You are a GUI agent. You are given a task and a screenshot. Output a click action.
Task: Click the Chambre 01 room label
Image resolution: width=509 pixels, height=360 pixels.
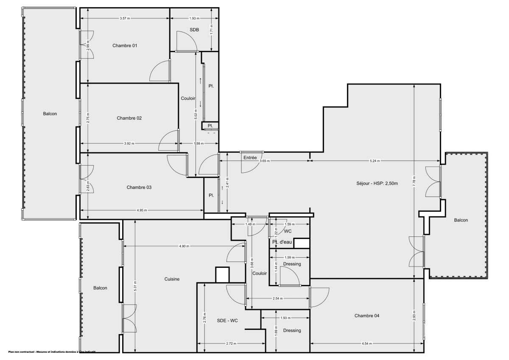point(125,45)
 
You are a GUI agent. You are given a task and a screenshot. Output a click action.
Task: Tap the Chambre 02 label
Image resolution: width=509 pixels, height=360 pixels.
point(129,118)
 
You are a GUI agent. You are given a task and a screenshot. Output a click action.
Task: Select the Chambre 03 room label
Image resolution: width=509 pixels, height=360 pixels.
point(139,187)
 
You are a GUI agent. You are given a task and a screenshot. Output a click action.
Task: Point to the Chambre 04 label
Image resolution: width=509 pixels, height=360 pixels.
point(367,315)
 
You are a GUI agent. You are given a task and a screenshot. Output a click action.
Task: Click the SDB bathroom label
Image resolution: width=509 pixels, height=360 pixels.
point(195,30)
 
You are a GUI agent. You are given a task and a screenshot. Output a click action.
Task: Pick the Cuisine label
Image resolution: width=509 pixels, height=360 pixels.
point(172,279)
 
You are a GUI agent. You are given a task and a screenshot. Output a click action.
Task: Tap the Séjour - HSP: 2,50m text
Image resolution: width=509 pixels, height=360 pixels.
point(377,183)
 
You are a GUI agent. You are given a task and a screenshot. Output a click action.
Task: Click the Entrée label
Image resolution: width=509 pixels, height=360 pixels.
point(250,158)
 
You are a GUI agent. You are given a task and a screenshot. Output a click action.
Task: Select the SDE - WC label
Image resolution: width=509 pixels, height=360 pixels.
point(227,321)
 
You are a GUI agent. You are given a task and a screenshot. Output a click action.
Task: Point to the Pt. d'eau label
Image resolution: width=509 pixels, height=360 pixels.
point(282,242)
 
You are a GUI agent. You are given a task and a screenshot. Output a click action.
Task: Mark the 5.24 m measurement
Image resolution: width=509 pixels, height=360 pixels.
point(375,161)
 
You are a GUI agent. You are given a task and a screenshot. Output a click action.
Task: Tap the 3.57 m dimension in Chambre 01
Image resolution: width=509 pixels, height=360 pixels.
point(125,18)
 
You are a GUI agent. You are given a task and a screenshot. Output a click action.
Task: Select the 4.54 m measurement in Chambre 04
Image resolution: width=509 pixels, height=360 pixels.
point(367,343)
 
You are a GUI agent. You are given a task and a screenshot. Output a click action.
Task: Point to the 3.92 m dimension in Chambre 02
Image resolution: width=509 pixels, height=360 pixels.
point(129,143)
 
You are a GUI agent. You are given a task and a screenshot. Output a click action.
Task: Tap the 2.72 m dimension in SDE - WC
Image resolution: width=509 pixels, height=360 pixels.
point(231,343)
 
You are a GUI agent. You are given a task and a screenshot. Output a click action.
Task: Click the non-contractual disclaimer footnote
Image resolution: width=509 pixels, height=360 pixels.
point(52,352)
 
